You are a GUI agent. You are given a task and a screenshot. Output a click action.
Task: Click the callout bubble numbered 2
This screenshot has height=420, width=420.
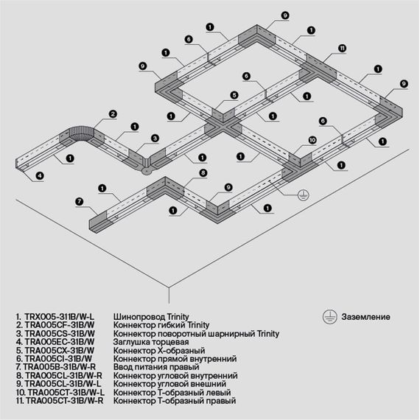(113, 113)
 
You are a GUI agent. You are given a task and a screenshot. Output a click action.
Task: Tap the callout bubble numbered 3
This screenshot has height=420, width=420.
(155, 138)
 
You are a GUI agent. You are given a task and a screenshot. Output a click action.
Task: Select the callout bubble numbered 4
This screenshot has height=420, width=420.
(39, 175)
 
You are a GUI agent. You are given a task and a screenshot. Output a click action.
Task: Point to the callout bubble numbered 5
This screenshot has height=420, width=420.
(233, 95)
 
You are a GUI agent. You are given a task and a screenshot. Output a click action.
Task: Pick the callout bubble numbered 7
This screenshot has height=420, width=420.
(78, 200)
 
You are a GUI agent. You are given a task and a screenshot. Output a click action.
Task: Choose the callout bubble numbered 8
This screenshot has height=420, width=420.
(203, 172)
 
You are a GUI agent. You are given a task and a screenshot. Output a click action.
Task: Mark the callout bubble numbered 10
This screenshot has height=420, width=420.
(312, 139)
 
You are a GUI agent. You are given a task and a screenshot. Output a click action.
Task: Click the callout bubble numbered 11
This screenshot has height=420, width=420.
(342, 49)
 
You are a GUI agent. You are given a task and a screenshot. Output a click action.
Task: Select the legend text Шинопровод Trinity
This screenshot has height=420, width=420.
(153, 316)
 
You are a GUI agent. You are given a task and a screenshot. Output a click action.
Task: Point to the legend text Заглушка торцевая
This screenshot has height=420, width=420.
(150, 342)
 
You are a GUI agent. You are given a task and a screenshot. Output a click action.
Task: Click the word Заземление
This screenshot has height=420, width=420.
(365, 317)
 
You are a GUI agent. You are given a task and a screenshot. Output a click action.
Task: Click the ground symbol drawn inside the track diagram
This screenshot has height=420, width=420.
(301, 195)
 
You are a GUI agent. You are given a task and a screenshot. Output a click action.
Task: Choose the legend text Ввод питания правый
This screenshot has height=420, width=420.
(156, 367)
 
